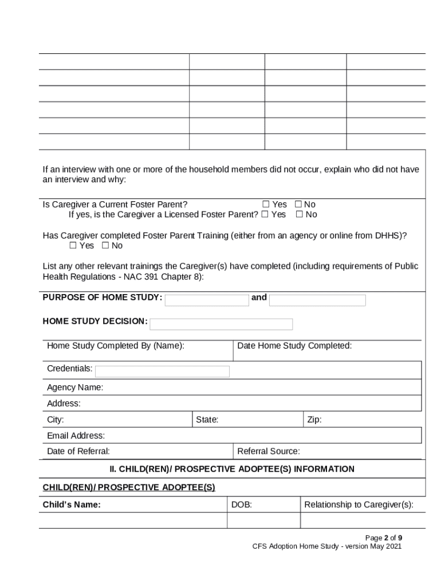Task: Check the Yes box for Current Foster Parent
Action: (266, 204)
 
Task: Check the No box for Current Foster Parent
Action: (298, 204)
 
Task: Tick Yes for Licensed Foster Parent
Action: (265, 214)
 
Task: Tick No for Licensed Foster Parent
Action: (299, 214)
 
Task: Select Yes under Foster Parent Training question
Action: (73, 245)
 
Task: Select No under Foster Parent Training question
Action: (105, 245)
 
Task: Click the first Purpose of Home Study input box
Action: (207, 300)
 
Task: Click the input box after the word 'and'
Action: (317, 300)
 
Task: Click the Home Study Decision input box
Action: (221, 324)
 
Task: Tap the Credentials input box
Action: (162, 371)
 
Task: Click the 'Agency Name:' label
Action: (75, 388)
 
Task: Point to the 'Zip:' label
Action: (314, 420)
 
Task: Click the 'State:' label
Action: (207, 420)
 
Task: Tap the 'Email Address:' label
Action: (76, 436)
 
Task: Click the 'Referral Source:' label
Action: (269, 451)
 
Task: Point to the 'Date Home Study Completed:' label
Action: (294, 346)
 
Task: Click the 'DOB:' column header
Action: (242, 504)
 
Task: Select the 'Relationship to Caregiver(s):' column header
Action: (359, 504)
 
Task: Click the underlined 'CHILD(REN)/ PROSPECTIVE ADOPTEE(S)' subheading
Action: (129, 487)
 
